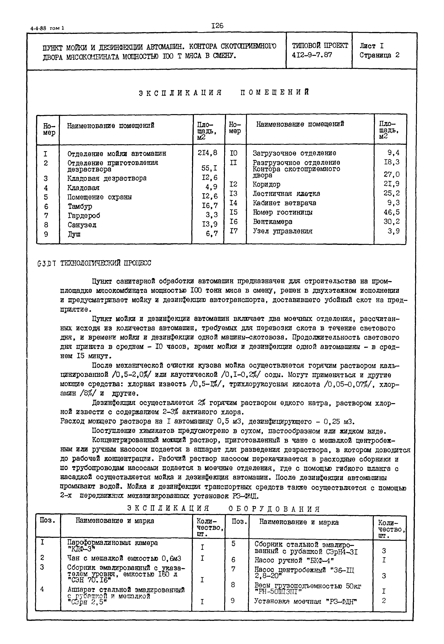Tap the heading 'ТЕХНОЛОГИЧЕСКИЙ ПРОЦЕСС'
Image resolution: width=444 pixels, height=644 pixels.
[x=105, y=263]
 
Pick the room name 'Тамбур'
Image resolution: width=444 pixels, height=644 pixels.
[x=80, y=206]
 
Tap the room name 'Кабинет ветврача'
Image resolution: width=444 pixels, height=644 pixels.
[x=284, y=203]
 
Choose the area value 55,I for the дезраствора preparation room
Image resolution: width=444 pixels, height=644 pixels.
[x=209, y=168]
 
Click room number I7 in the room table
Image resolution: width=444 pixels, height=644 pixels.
[x=234, y=231]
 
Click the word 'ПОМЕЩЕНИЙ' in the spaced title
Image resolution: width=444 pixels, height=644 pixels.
[x=275, y=92]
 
